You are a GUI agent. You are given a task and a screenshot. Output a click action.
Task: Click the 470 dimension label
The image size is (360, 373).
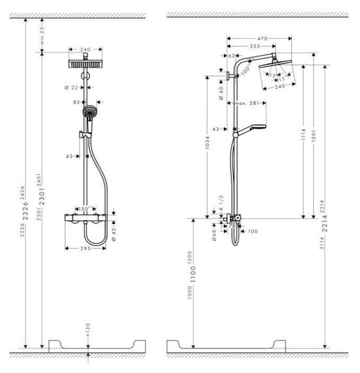(x=260, y=38)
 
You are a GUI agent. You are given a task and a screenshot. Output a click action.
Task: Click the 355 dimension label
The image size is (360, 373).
(x=253, y=46)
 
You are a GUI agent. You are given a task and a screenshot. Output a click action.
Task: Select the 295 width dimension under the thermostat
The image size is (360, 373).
(x=86, y=248)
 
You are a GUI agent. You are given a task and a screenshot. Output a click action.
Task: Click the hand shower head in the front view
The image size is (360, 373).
(x=90, y=112)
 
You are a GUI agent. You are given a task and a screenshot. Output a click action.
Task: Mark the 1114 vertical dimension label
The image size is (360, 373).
(x=302, y=140)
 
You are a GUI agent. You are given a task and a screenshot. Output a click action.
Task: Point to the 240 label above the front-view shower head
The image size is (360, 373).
(x=85, y=50)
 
